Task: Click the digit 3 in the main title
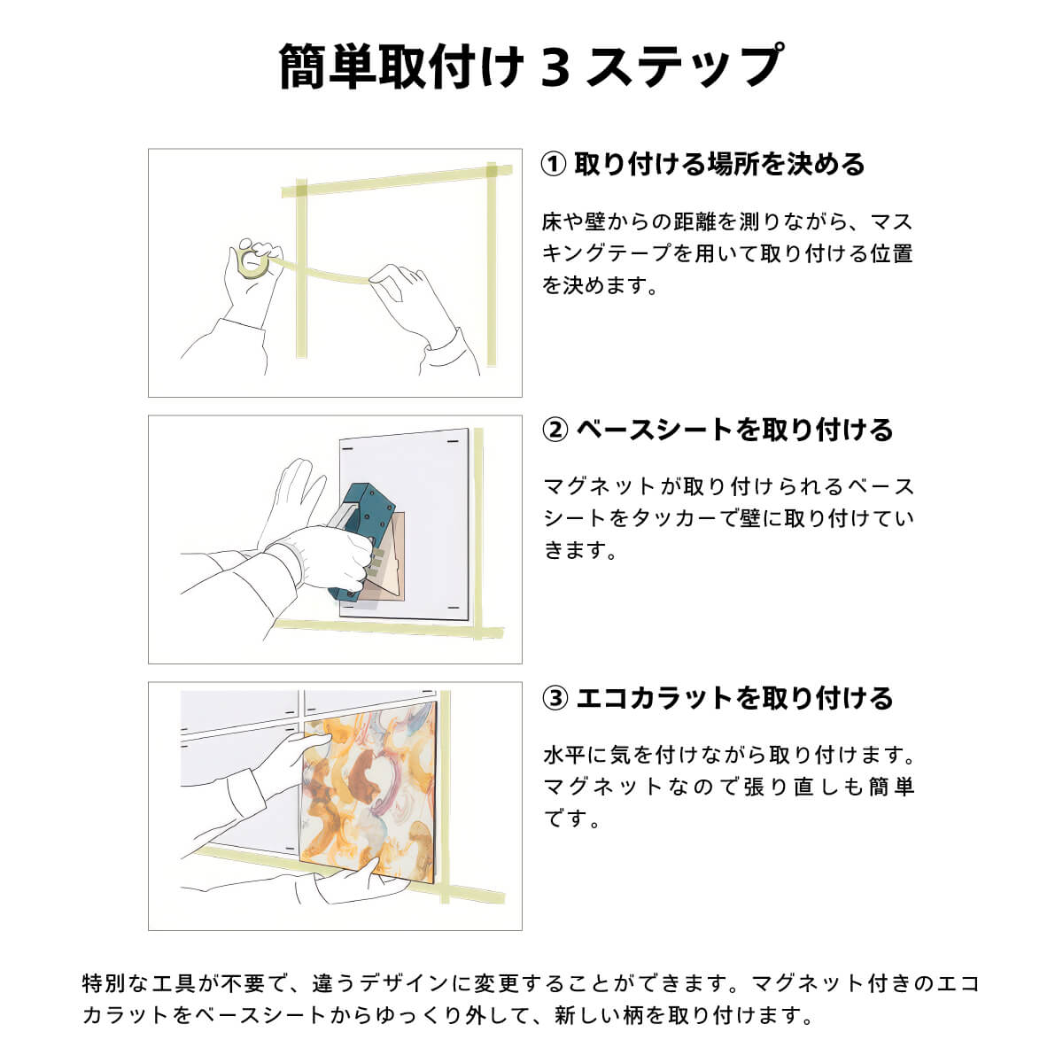(556, 66)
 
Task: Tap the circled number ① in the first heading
(554, 165)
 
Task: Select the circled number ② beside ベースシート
(555, 431)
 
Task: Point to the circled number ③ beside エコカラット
(555, 698)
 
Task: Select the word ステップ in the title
(684, 66)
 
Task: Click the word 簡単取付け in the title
(401, 66)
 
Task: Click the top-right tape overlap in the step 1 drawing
(492, 170)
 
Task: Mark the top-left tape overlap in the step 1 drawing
(301, 190)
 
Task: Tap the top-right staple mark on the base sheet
(453, 441)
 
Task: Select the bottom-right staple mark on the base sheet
(454, 608)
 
